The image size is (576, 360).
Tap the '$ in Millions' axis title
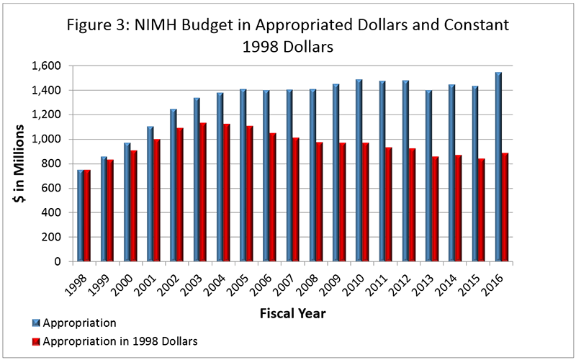pyautogui.click(x=22, y=163)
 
